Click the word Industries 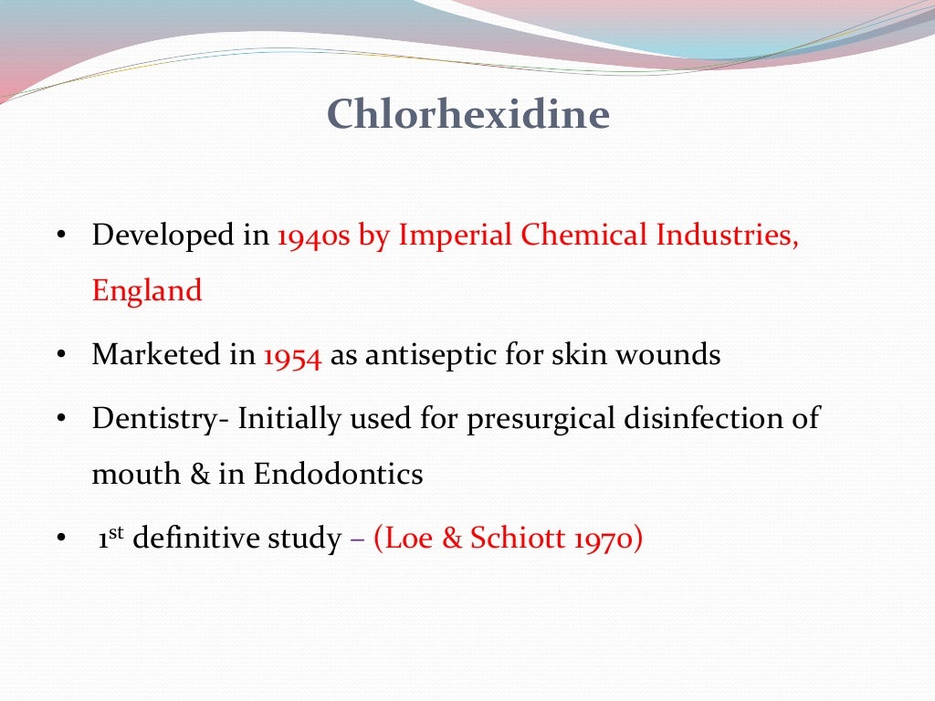point(727,235)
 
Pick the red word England point(146,291)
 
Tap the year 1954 point(292,356)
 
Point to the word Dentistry point(160,420)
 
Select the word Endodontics point(338,475)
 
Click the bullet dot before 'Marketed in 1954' point(60,356)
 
